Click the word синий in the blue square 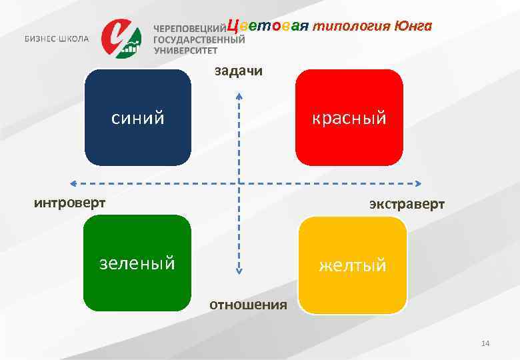coord(137,119)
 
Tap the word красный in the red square coord(350,118)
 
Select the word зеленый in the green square coord(137,263)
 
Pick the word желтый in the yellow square coord(352,265)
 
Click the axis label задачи coord(238,71)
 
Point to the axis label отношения coord(248,305)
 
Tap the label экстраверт coord(407,204)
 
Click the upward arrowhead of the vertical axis coord(239,95)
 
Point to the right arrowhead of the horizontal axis coord(419,183)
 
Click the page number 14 coord(485,343)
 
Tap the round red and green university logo coord(121,37)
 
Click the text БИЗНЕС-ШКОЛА coord(57,38)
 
